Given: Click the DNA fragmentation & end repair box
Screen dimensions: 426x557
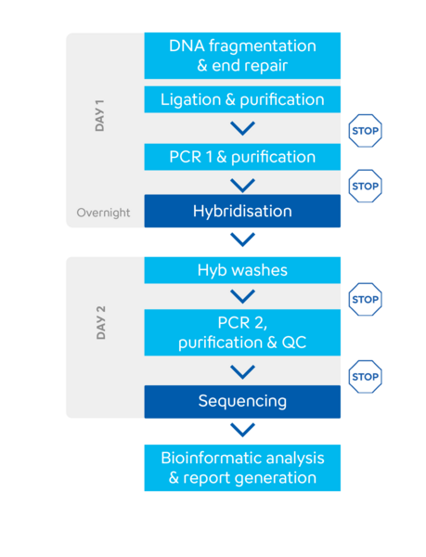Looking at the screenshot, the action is tap(242, 56).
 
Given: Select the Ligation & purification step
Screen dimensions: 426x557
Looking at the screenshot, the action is tap(242, 99).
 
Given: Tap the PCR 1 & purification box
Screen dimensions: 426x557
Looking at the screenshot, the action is tap(242, 157).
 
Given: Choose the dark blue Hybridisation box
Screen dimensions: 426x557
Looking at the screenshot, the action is tap(242, 211).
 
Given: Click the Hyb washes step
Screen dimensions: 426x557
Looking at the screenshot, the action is tap(242, 270).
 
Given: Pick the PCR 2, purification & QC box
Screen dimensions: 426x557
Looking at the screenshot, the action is tap(242, 332).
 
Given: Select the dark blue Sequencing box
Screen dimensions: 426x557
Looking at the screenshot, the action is tap(242, 401).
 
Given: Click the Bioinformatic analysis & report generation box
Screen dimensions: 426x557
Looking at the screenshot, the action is tap(242, 468).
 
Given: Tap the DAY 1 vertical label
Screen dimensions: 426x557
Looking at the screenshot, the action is tap(99, 116).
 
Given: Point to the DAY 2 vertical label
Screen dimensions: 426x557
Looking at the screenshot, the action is tap(101, 322).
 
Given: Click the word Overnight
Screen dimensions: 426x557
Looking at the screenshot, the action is tap(103, 213).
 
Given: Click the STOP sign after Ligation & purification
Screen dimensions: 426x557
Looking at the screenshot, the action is tap(366, 131).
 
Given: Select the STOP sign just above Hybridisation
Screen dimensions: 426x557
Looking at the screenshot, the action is tap(366, 187).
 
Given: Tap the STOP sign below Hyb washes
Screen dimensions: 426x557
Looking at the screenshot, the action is tap(366, 300).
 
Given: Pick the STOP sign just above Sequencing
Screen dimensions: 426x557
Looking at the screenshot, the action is tap(366, 377).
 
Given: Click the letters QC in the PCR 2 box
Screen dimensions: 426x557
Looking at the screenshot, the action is tap(294, 343).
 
